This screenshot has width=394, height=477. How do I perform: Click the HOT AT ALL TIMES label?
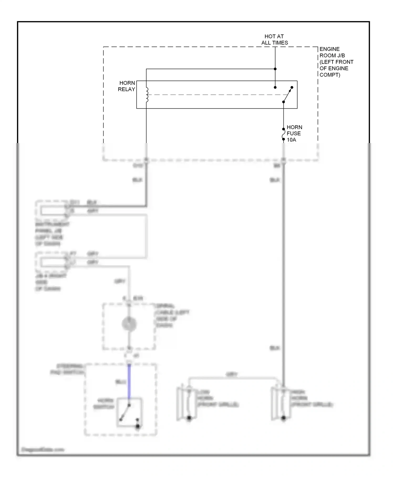click(x=274, y=39)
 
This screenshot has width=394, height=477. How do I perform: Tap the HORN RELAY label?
click(x=127, y=86)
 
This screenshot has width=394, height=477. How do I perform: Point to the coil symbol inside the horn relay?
click(x=147, y=95)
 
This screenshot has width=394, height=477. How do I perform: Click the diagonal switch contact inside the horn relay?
click(x=287, y=95)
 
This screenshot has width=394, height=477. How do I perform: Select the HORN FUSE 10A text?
click(x=294, y=133)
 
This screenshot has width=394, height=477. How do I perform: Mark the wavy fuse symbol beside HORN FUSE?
click(x=283, y=134)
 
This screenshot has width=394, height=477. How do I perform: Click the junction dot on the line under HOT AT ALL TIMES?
click(x=275, y=69)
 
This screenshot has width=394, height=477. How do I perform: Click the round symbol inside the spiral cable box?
click(x=129, y=324)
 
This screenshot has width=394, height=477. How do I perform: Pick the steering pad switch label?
click(x=68, y=369)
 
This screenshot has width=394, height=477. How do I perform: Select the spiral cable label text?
click(x=172, y=316)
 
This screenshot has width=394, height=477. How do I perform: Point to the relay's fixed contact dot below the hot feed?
click(x=275, y=87)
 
